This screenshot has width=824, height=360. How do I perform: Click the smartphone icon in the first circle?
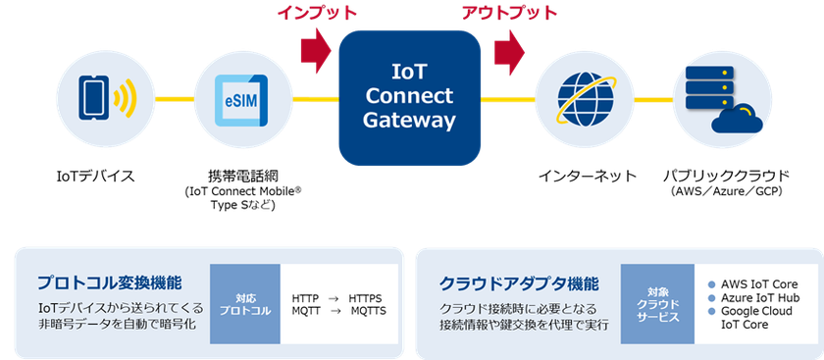(x=95, y=97)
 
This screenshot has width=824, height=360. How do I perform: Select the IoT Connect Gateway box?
(x=409, y=97)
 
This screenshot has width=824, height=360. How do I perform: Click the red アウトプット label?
(x=508, y=13)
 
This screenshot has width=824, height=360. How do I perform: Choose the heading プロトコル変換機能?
(x=109, y=283)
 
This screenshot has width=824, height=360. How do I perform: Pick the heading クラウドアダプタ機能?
(x=519, y=283)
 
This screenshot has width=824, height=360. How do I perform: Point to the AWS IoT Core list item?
(x=758, y=283)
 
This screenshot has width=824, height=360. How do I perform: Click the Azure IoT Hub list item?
(x=760, y=296)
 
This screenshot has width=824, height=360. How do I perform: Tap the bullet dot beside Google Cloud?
(x=712, y=310)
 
